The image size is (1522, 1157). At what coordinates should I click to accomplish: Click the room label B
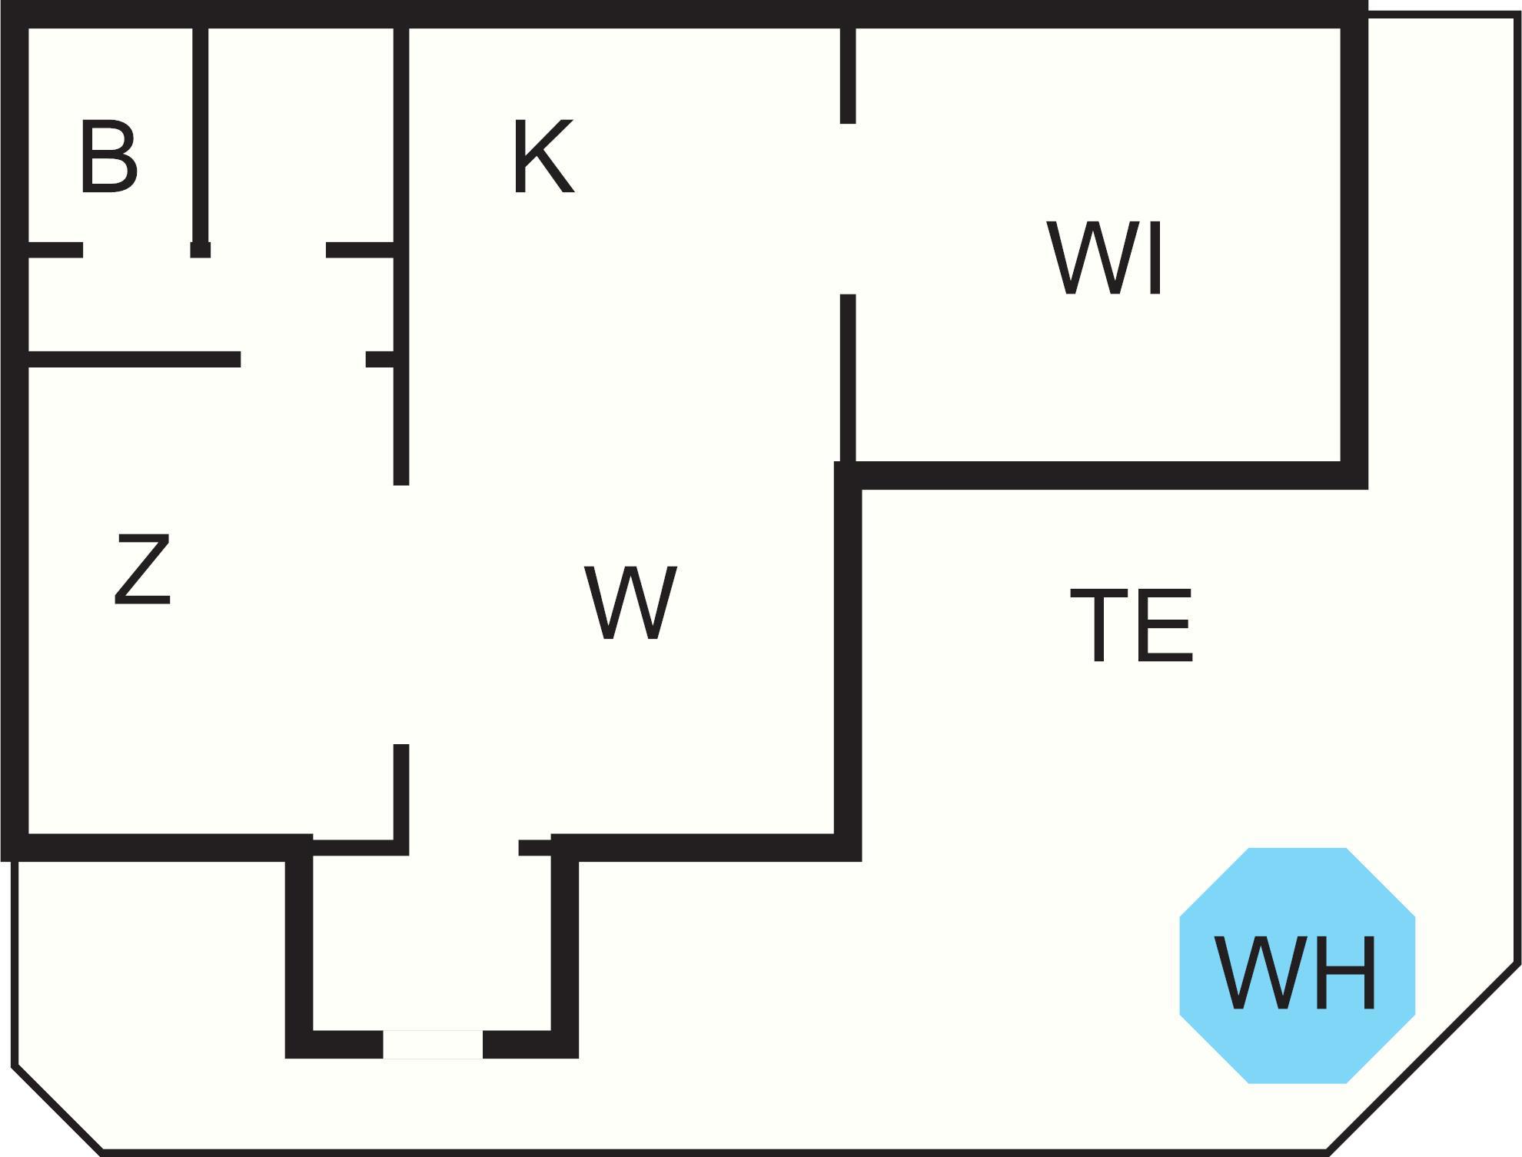[x=108, y=157]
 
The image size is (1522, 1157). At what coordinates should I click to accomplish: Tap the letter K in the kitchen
[x=543, y=157]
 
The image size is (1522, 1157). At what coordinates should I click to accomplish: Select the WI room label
[x=1105, y=258]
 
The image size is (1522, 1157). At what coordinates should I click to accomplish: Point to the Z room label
[x=142, y=570]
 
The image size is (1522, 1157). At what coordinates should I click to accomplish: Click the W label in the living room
[x=630, y=603]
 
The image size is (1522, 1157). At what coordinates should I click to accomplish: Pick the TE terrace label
[x=1131, y=624]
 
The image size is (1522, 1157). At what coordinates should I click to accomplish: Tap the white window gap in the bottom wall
[x=433, y=1045]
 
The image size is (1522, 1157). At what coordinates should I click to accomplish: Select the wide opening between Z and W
[x=400, y=615]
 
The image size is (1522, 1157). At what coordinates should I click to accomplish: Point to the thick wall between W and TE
[x=848, y=661]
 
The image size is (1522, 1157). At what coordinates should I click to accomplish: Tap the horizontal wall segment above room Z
[x=135, y=359]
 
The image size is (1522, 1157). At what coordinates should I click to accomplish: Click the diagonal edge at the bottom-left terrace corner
[x=58, y=1109]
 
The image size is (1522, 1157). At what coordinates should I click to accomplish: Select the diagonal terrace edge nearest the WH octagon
[x=1422, y=1057]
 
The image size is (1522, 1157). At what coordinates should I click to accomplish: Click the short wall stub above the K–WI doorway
[x=848, y=73]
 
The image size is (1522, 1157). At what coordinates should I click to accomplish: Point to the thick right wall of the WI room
[x=1354, y=246]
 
